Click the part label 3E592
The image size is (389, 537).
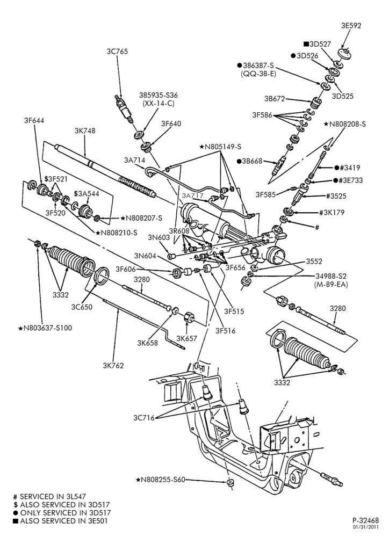click(x=351, y=25)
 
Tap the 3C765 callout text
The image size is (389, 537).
click(x=117, y=52)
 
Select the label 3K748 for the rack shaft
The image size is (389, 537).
click(x=85, y=130)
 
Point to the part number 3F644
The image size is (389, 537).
click(x=34, y=120)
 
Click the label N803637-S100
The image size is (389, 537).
click(x=45, y=328)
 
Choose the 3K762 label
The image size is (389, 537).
click(x=113, y=365)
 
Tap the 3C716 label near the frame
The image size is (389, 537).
click(x=144, y=417)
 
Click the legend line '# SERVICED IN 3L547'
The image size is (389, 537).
click(x=49, y=496)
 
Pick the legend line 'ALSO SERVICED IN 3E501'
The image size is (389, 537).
click(x=60, y=521)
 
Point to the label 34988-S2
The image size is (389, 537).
click(x=331, y=275)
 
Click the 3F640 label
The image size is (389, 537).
click(x=171, y=124)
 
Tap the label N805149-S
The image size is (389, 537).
click(x=220, y=147)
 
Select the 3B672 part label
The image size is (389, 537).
click(x=275, y=99)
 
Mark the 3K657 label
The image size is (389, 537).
click(x=187, y=338)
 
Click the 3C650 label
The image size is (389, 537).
click(x=82, y=307)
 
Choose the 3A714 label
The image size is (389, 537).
click(x=135, y=159)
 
